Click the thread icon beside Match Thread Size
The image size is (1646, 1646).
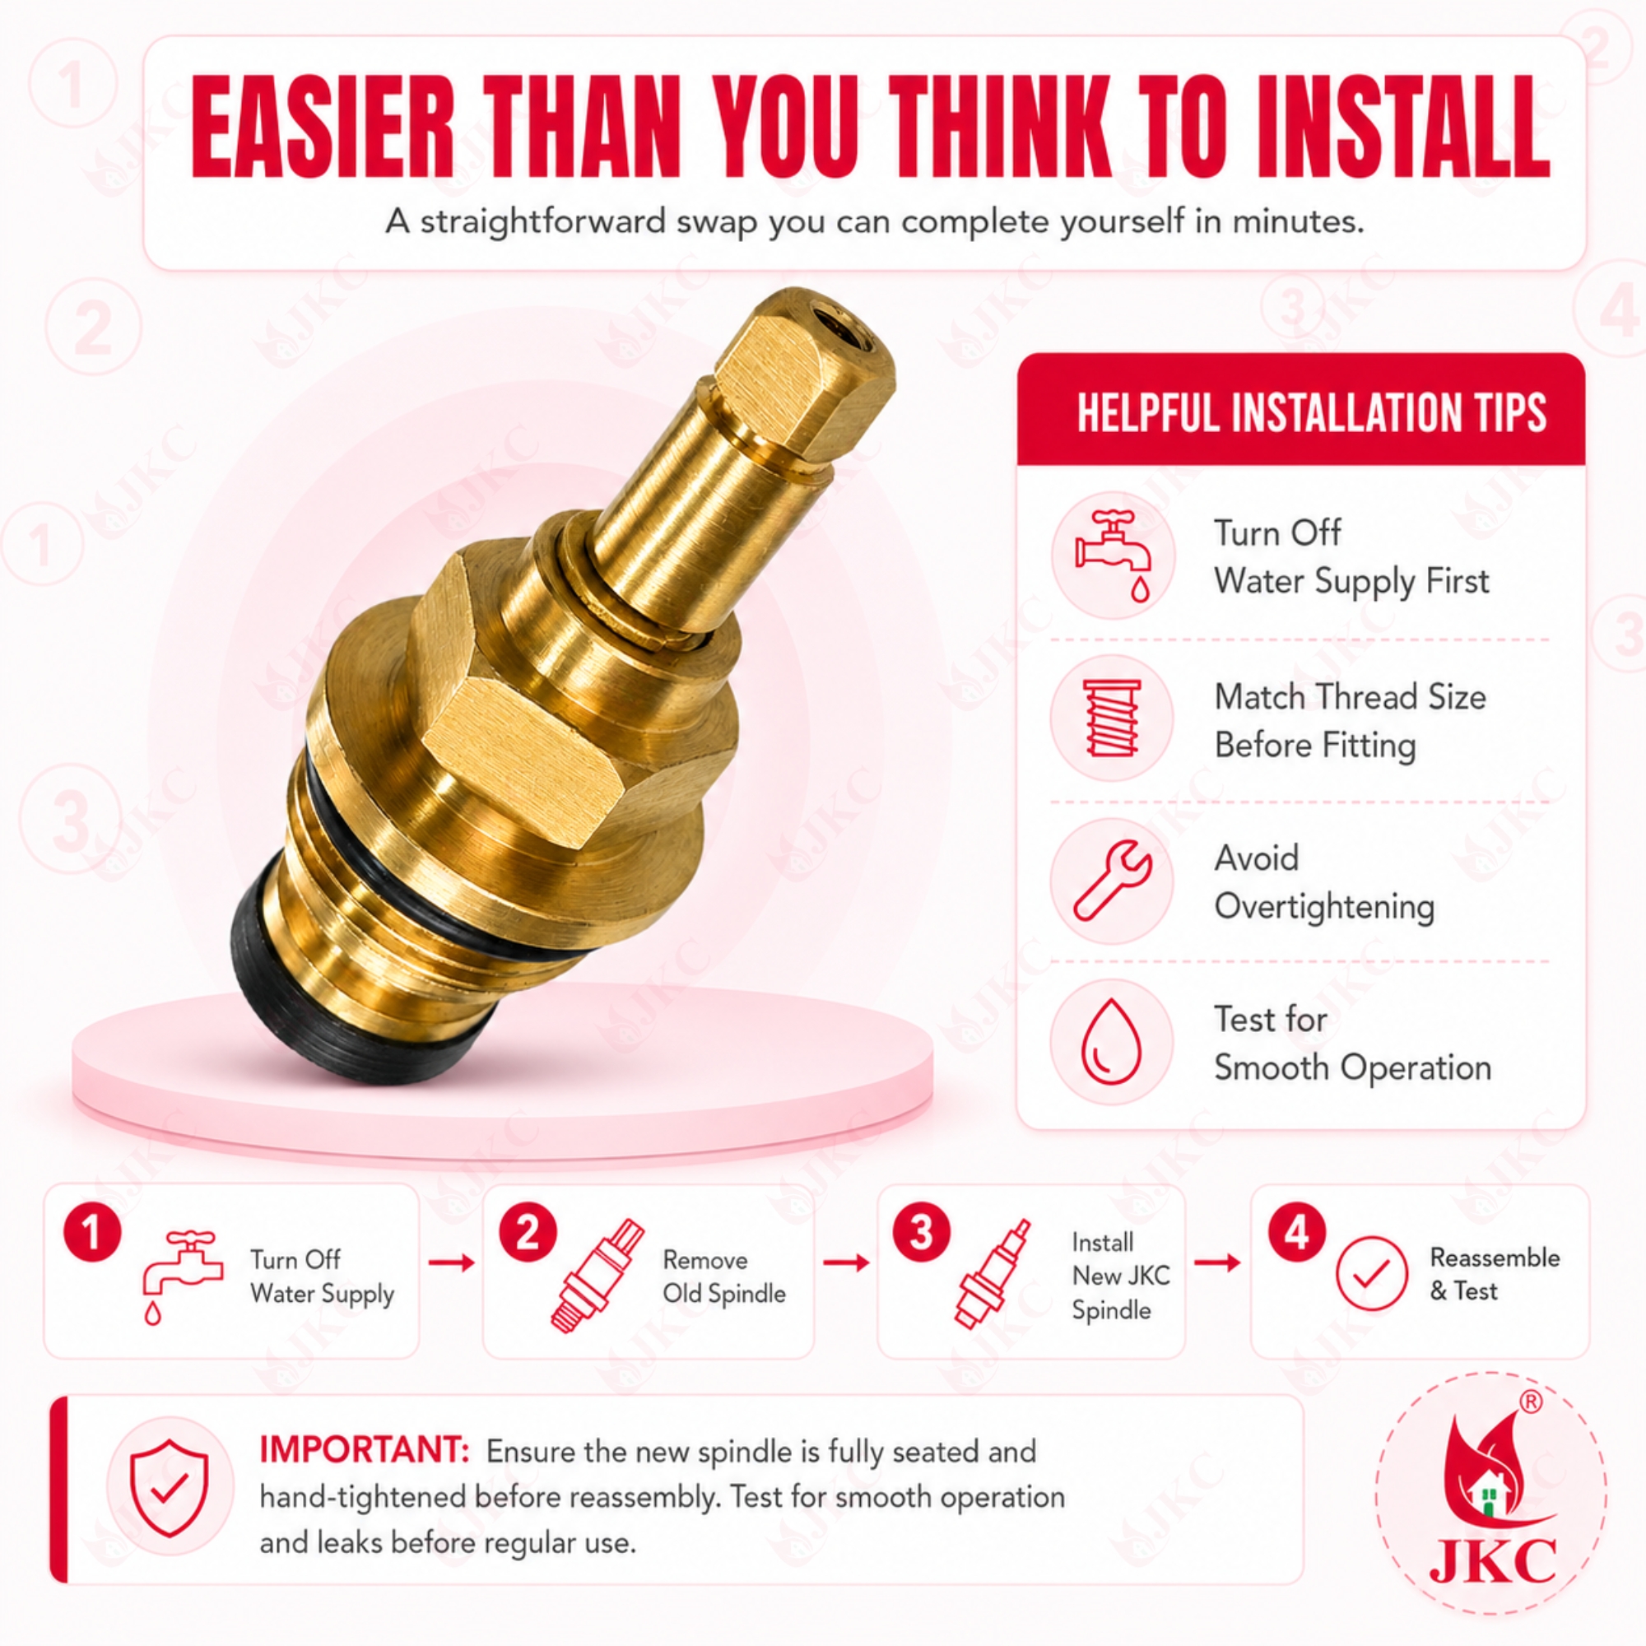point(1112,718)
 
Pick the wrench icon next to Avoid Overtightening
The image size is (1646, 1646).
point(1113,879)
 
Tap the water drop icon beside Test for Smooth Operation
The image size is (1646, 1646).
point(1110,1041)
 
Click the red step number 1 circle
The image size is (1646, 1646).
point(92,1232)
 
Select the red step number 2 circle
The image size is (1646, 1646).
point(528,1232)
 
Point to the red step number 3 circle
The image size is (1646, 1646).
point(921,1232)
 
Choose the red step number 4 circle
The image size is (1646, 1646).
point(1297,1232)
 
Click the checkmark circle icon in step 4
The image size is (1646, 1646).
point(1372,1273)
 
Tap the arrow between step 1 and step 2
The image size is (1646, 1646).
point(452,1262)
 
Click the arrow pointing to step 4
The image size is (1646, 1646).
point(1217,1262)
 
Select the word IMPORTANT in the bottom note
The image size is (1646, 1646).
point(365,1449)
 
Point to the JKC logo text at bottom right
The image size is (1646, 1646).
point(1492,1560)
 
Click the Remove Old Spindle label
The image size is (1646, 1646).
point(724,1276)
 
